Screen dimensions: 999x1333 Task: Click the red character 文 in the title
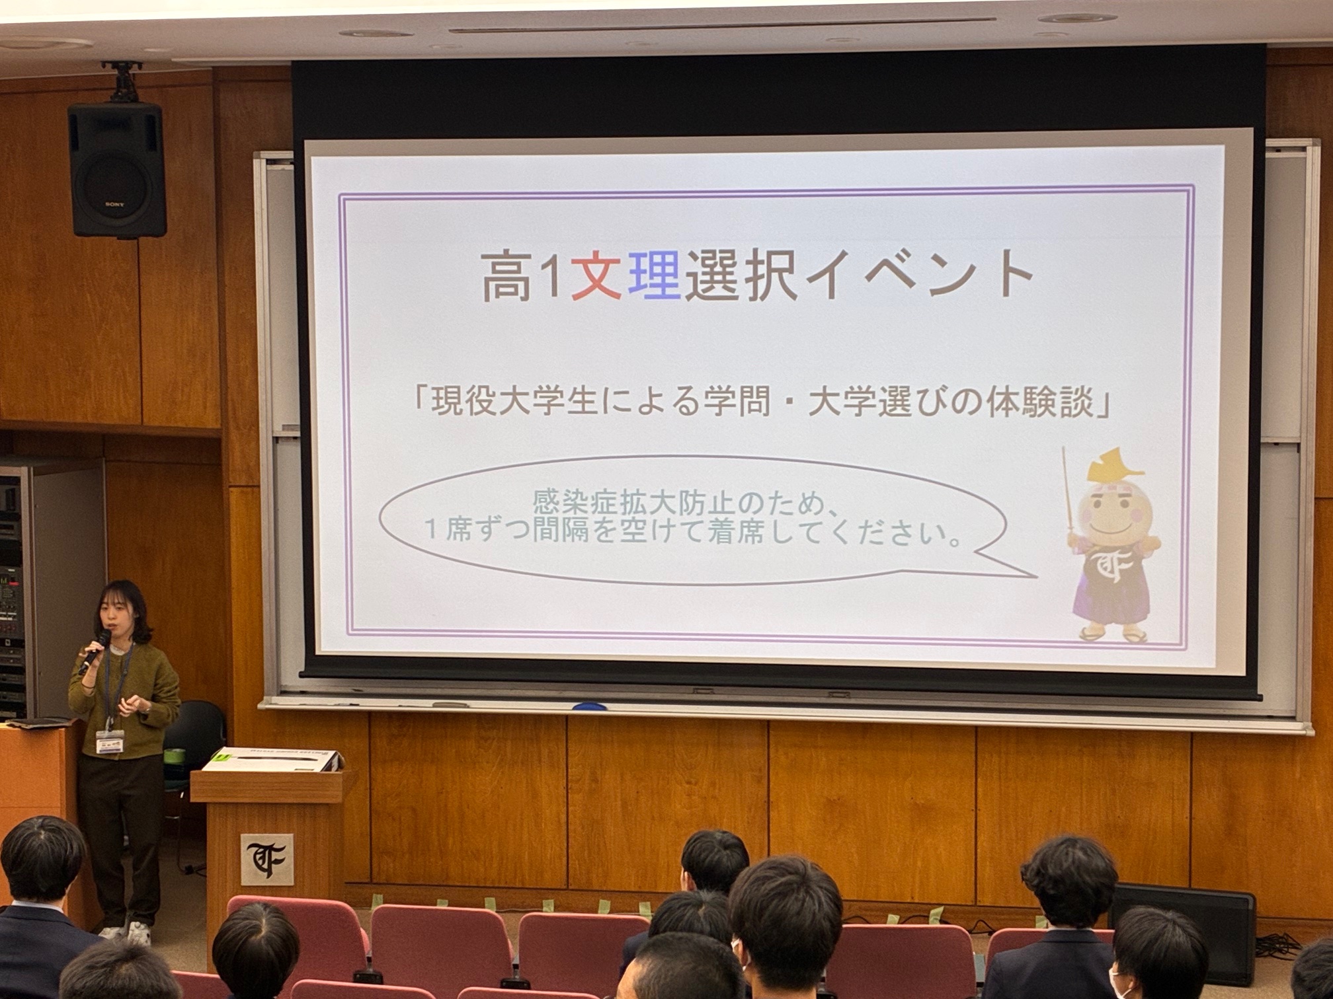point(596,275)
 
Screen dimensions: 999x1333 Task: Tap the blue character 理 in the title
point(653,275)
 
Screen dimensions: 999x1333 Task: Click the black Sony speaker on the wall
point(116,170)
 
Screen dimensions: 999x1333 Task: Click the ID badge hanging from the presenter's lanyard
point(110,741)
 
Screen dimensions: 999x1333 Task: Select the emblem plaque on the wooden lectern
point(266,859)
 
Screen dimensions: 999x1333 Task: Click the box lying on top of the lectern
point(273,759)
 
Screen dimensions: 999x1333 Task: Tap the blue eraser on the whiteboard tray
point(589,706)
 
